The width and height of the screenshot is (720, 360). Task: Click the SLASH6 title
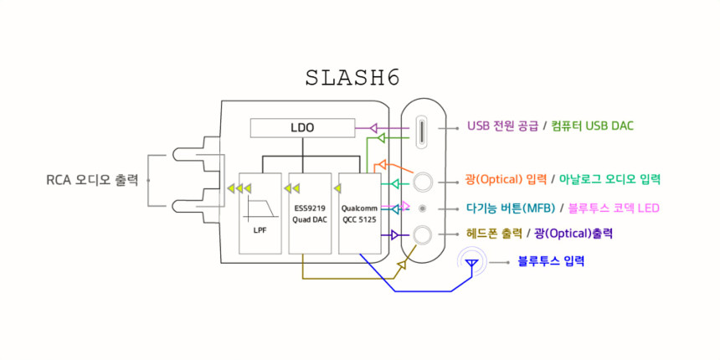click(x=352, y=78)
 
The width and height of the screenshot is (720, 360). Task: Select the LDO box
click(x=301, y=128)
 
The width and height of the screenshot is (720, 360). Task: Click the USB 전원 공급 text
click(x=502, y=126)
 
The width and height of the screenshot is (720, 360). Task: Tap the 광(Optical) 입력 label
click(x=506, y=179)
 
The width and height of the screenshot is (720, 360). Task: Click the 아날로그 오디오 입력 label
click(x=610, y=179)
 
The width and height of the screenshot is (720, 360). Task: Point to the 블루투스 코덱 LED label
click(x=615, y=208)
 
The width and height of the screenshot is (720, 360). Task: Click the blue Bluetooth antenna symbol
click(x=471, y=265)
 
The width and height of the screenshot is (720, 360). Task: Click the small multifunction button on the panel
click(x=423, y=208)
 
